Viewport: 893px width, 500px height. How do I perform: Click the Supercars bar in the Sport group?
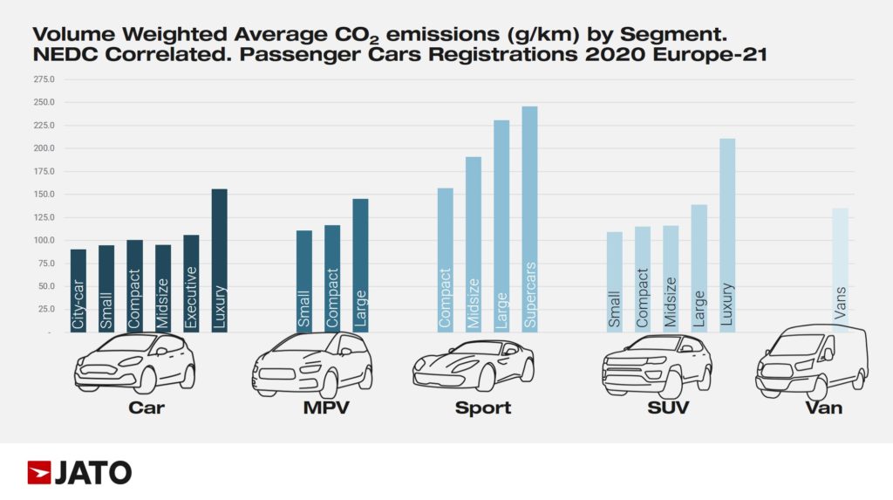pyautogui.click(x=529, y=219)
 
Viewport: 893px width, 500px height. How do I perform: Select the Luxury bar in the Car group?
pyautogui.click(x=219, y=260)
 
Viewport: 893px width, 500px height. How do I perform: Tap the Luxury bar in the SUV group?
pyautogui.click(x=727, y=235)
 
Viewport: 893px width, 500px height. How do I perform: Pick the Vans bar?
pyautogui.click(x=840, y=270)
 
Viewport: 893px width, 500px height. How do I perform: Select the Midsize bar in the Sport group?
pyautogui.click(x=473, y=244)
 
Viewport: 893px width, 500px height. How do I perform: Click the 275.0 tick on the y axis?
pyautogui.click(x=43, y=79)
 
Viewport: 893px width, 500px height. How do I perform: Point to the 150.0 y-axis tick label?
pyautogui.click(x=43, y=195)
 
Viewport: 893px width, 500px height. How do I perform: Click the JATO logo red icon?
pyautogui.click(x=38, y=473)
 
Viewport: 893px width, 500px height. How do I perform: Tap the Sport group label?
pyautogui.click(x=482, y=408)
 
